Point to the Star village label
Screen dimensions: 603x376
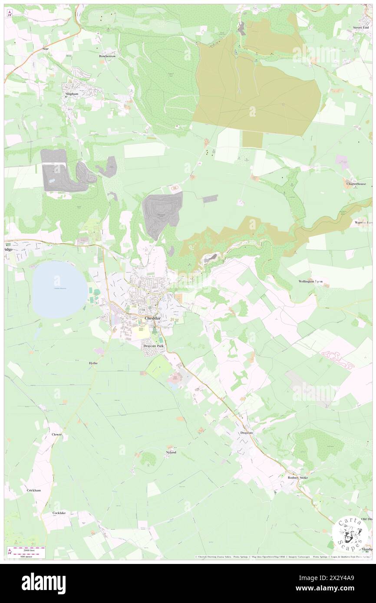(x=46, y=49)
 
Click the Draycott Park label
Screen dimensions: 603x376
(x=154, y=346)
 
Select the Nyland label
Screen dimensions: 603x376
(x=171, y=452)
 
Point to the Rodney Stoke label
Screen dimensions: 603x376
(x=298, y=477)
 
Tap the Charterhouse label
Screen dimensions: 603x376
(x=356, y=184)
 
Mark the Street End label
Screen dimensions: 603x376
(x=361, y=27)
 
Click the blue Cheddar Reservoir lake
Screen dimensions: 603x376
(x=59, y=290)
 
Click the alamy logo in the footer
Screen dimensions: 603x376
(x=43, y=583)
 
